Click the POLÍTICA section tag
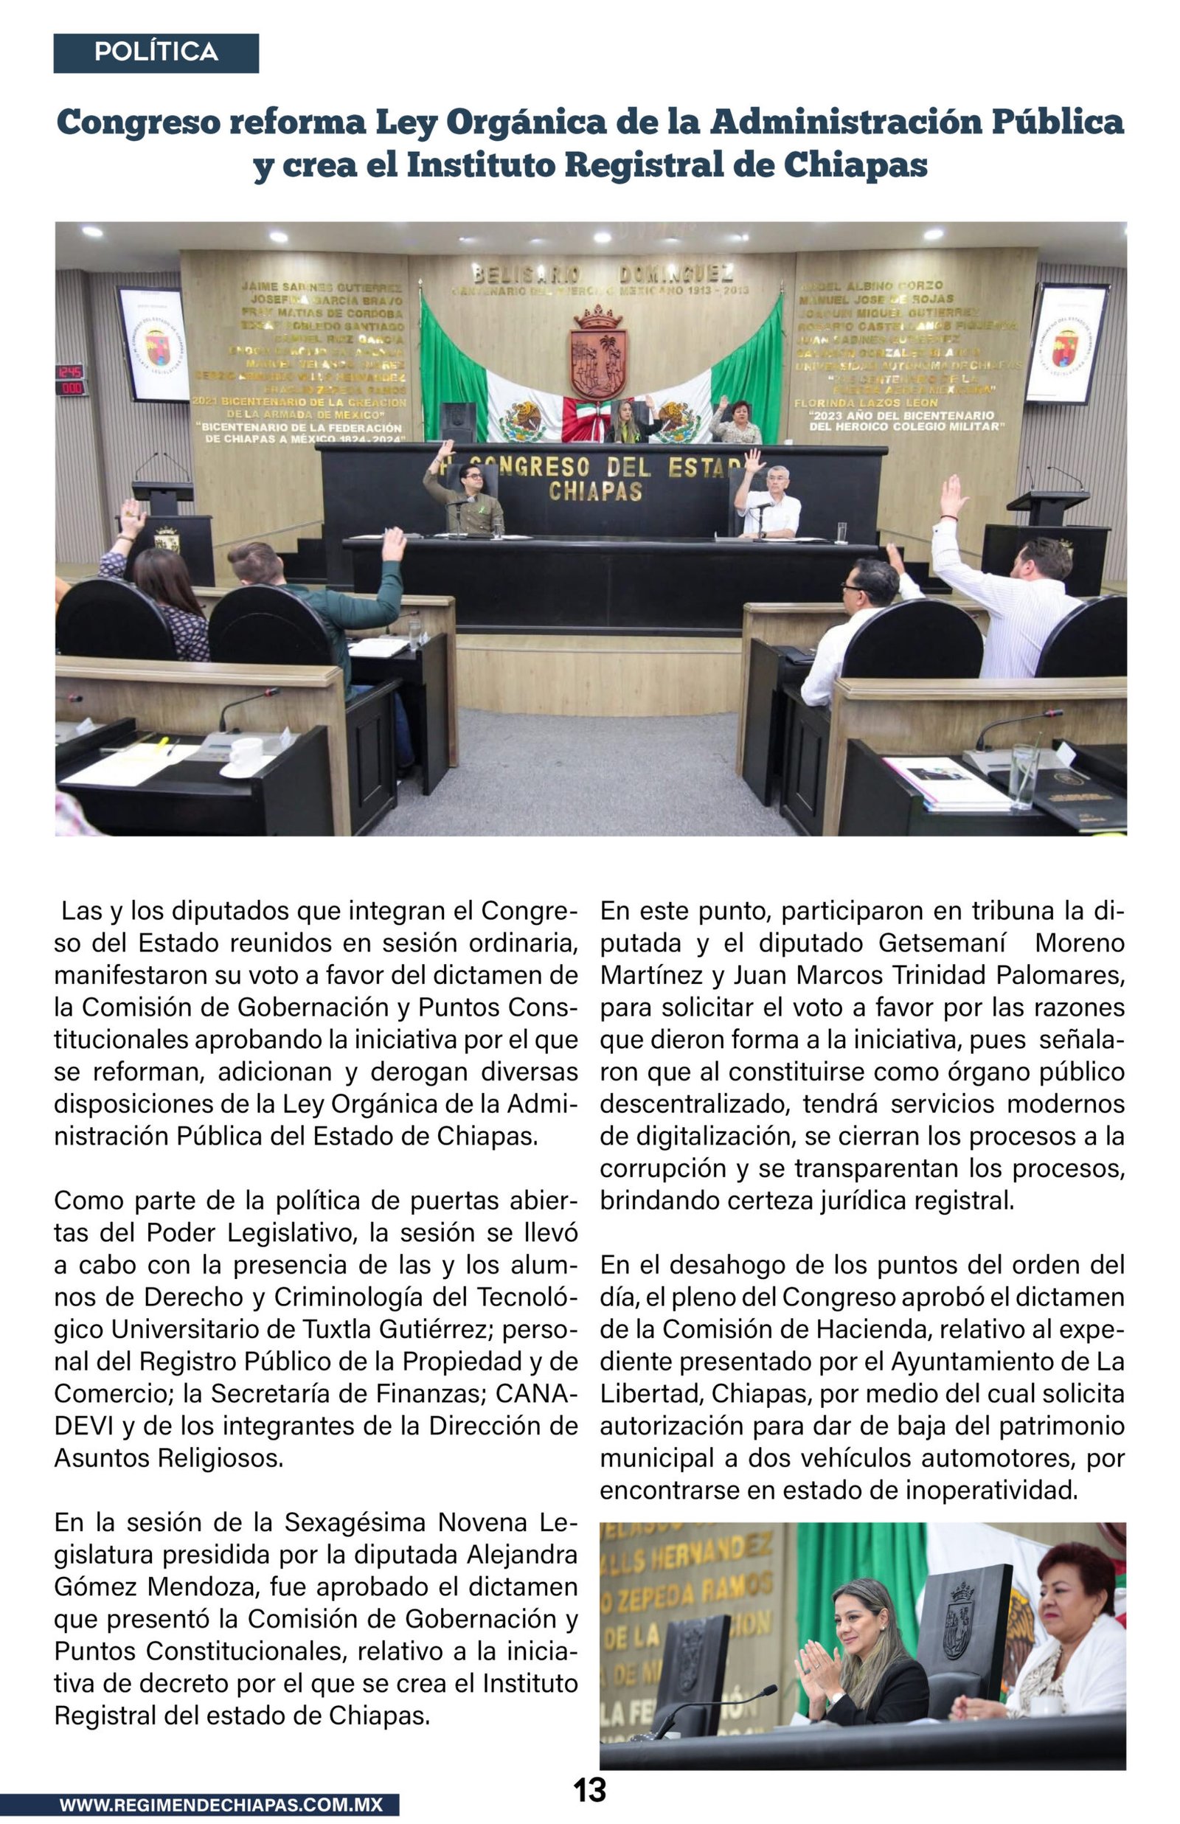(x=156, y=52)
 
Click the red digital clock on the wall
(x=71, y=380)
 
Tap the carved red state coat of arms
(x=598, y=353)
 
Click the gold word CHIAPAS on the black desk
(x=594, y=491)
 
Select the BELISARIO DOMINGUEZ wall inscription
(x=603, y=274)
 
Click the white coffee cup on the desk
(x=246, y=755)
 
